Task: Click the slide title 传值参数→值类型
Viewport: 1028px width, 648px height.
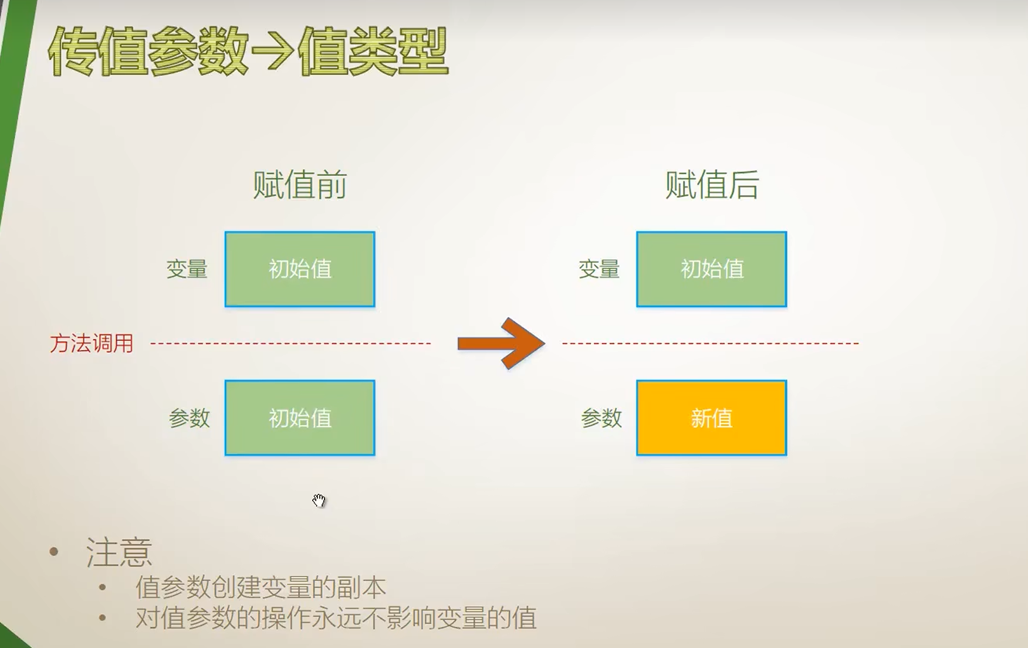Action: coord(248,52)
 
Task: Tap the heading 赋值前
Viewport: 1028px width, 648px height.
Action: coord(300,185)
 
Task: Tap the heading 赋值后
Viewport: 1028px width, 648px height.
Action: coord(712,185)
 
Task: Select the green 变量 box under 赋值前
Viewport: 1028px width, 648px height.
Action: coord(300,269)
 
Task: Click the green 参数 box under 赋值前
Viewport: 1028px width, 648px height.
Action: coord(300,418)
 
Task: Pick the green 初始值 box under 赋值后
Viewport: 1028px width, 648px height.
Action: coord(712,269)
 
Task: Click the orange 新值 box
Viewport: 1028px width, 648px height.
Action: coord(712,418)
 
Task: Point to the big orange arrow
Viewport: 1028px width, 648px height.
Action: coord(502,343)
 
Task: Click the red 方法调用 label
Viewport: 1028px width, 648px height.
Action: coord(92,344)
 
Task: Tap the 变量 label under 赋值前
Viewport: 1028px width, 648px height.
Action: coord(187,269)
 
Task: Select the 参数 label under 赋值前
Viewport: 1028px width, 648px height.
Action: coord(189,418)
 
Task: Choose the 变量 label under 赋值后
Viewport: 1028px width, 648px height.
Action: coord(599,269)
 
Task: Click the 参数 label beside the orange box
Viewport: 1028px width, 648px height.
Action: coord(601,418)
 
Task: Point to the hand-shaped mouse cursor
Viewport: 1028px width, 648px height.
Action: coord(319,500)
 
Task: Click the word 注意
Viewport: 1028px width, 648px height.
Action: coord(119,552)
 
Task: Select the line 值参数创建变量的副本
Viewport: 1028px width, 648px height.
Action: coord(261,587)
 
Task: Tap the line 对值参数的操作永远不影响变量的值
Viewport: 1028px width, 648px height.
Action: coord(336,618)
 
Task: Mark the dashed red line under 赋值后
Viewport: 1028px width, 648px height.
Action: coord(711,343)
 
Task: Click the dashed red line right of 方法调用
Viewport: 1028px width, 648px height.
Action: coord(290,343)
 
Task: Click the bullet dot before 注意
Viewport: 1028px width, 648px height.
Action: coord(55,551)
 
